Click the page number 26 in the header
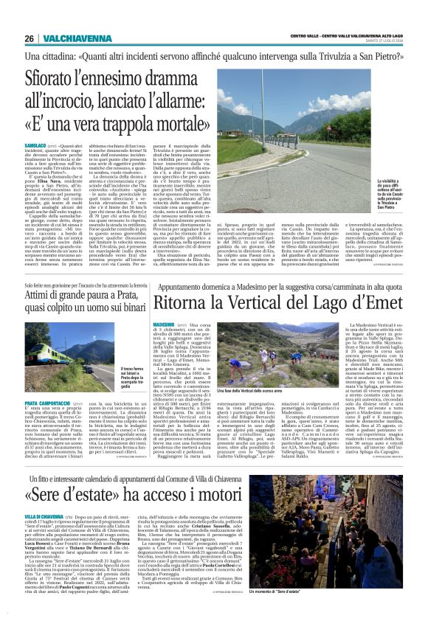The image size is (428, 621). click(x=29, y=39)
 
